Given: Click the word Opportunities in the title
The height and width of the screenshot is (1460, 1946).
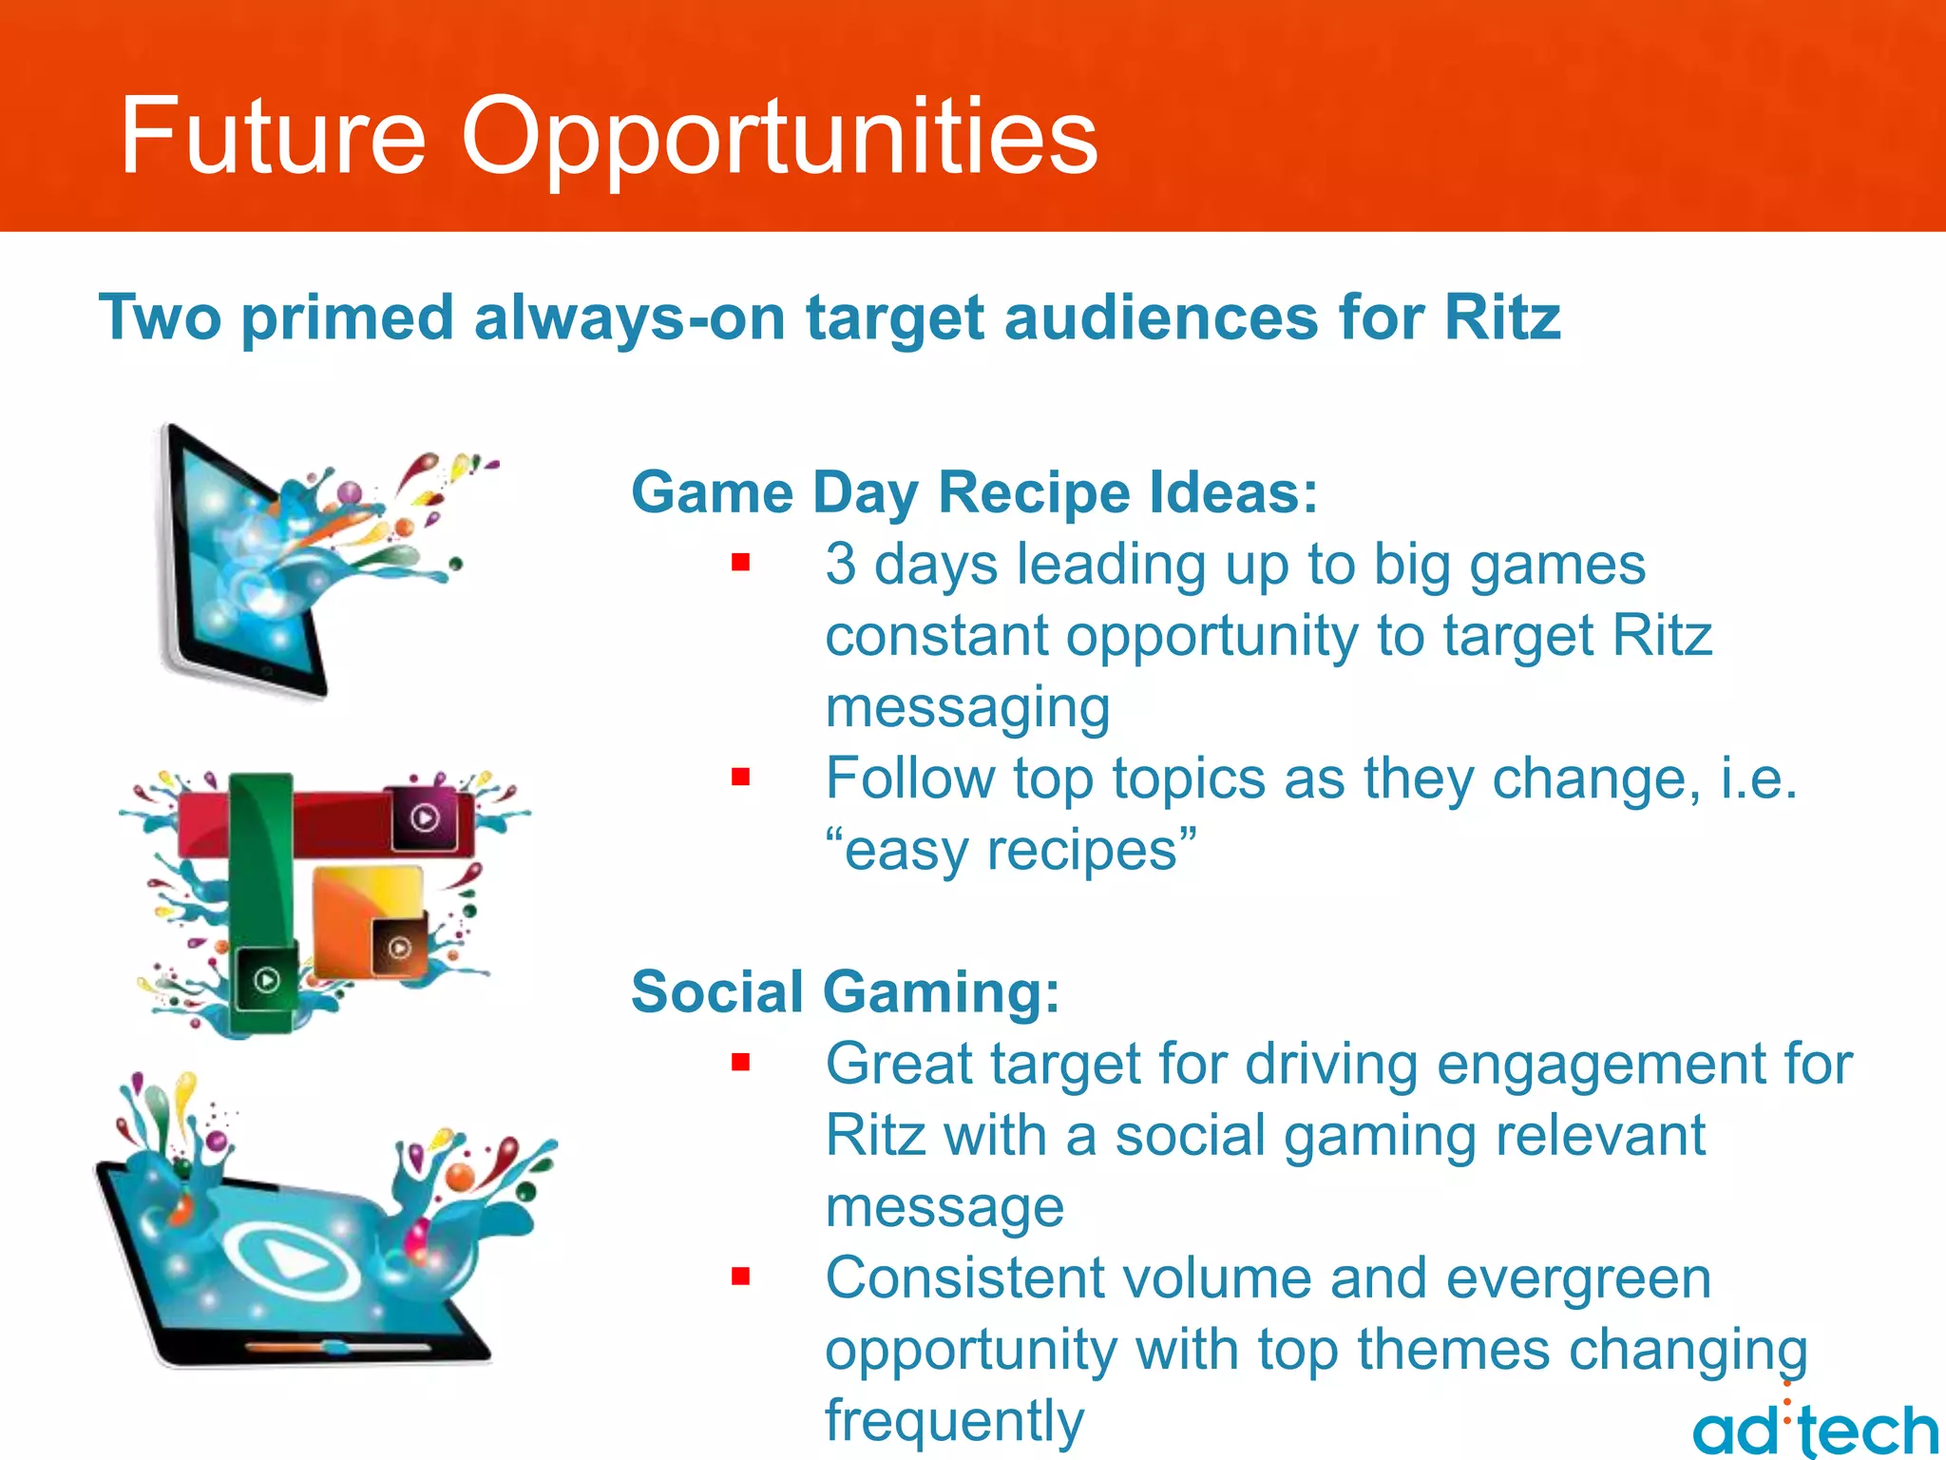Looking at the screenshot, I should [x=779, y=138].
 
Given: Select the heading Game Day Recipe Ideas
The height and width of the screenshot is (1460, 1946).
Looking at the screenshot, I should [x=974, y=492].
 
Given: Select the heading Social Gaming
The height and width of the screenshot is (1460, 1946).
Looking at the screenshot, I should [x=845, y=991].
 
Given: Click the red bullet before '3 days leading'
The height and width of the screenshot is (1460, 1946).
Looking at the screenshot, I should [x=741, y=563].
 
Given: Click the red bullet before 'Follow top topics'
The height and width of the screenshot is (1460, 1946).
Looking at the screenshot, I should [x=741, y=778].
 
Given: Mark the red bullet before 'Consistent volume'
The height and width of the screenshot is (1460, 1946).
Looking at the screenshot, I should [x=741, y=1277].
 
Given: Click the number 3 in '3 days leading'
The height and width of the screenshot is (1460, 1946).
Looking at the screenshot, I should [x=840, y=564].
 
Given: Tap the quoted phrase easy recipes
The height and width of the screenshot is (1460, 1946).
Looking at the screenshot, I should [x=1011, y=850].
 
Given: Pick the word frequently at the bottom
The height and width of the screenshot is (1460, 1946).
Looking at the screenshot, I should [x=954, y=1420].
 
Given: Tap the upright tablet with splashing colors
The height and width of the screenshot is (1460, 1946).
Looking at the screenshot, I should [x=242, y=561].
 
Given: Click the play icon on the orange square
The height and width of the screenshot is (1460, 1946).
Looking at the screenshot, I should [x=399, y=947].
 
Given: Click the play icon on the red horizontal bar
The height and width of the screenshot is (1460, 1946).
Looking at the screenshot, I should [x=425, y=817].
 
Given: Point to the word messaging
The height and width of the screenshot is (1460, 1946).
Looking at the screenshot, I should [x=967, y=707].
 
